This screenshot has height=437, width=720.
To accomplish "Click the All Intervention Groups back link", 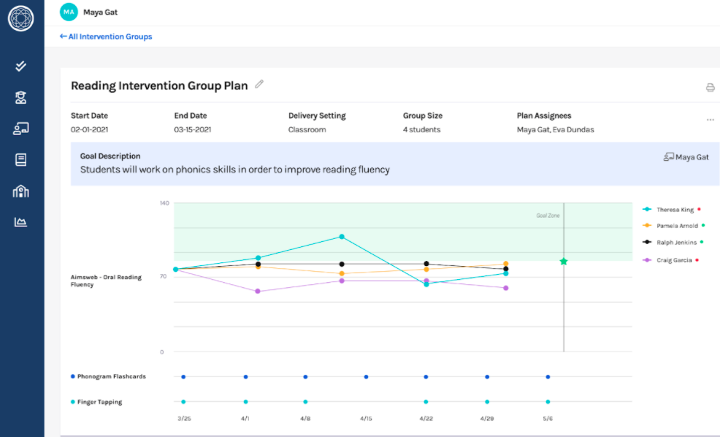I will pyautogui.click(x=106, y=37).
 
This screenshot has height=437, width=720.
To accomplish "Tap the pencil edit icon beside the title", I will pyautogui.click(x=259, y=84).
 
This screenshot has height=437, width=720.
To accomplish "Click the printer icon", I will pyautogui.click(x=710, y=88).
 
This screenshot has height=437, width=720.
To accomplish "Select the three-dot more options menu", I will pyautogui.click(x=710, y=120).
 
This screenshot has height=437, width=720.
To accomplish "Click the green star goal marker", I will pyautogui.click(x=563, y=261).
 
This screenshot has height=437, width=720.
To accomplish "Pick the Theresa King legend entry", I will pyautogui.click(x=675, y=210).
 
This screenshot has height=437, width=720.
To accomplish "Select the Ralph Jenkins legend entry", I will pyautogui.click(x=676, y=243).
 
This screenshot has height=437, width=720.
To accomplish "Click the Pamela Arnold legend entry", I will pyautogui.click(x=677, y=226).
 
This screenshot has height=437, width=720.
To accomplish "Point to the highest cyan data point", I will pyautogui.click(x=341, y=237).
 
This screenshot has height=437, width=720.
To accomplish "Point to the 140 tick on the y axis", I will pyautogui.click(x=164, y=203).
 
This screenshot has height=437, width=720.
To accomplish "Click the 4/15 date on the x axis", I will pyautogui.click(x=366, y=419).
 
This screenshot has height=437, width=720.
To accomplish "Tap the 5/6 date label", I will pyautogui.click(x=548, y=419).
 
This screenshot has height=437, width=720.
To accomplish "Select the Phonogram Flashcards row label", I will pyautogui.click(x=111, y=377).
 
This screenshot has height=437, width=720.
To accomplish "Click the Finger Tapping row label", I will pyautogui.click(x=99, y=402).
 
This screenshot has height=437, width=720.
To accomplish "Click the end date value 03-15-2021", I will pyautogui.click(x=193, y=130).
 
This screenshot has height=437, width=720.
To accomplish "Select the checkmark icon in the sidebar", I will pyautogui.click(x=21, y=66).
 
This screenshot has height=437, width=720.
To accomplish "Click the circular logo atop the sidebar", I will pyautogui.click(x=21, y=18).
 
